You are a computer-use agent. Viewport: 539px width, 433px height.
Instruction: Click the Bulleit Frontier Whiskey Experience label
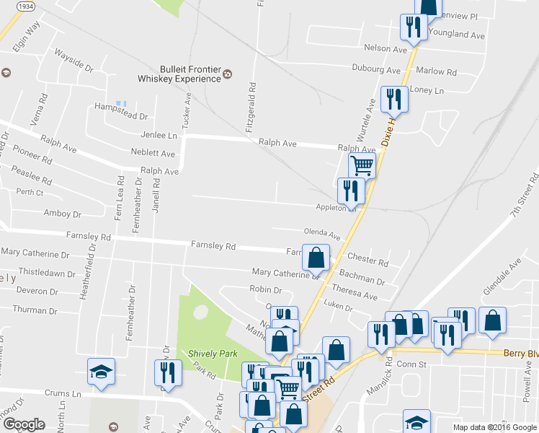(x=180, y=71)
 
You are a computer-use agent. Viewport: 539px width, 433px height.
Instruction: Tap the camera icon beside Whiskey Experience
(x=228, y=74)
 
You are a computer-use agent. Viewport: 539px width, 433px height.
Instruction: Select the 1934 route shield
(x=25, y=6)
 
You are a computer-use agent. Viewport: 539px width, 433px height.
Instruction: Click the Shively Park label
(x=208, y=354)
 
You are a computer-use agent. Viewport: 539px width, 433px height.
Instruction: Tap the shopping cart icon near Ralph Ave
(x=362, y=165)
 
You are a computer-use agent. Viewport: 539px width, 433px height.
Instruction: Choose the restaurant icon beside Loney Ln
(x=393, y=98)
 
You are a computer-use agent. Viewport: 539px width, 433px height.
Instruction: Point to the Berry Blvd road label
(x=521, y=354)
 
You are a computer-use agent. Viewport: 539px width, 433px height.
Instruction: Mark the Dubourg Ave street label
(x=375, y=71)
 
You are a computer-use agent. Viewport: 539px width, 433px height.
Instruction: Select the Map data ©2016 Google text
(x=494, y=427)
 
